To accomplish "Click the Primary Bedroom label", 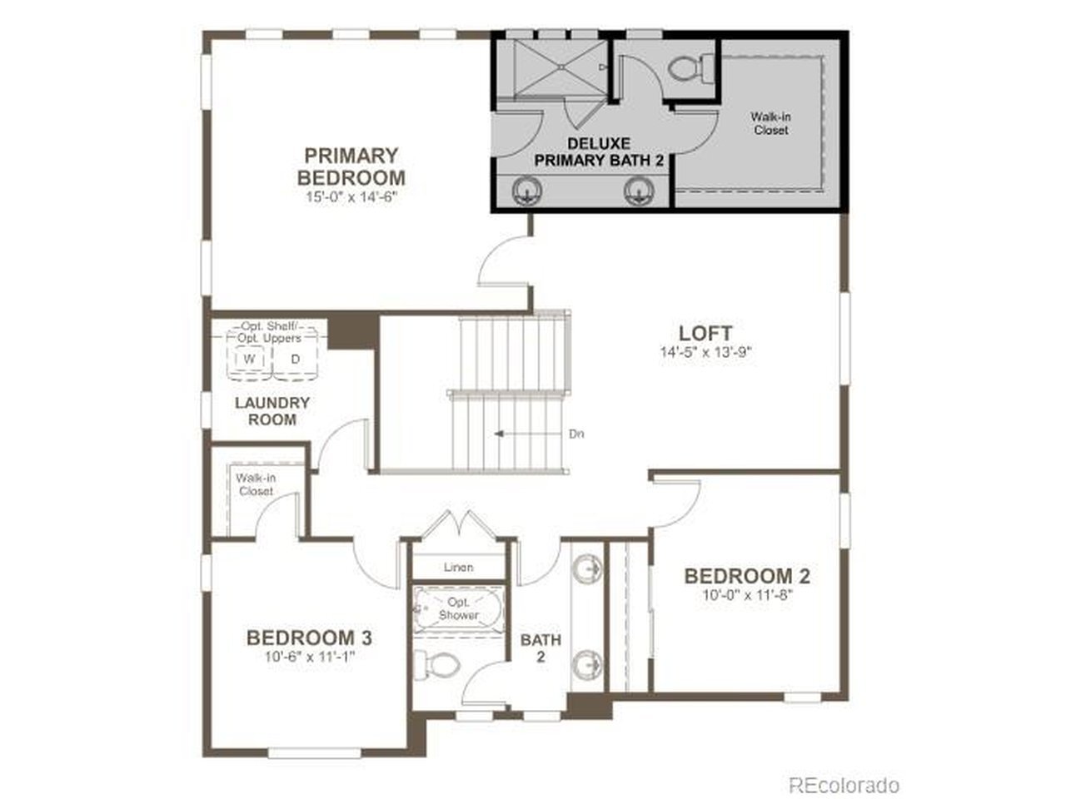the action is click(x=351, y=166).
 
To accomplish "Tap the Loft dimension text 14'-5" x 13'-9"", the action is click(x=705, y=352).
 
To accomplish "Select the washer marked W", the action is click(x=250, y=359).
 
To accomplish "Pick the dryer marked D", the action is click(x=296, y=359).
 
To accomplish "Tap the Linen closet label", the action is click(x=458, y=567).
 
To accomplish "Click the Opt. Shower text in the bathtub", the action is click(x=458, y=608).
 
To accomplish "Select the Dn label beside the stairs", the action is click(x=576, y=434).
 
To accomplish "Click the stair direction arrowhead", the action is click(x=498, y=434).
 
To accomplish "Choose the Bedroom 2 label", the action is click(x=747, y=576).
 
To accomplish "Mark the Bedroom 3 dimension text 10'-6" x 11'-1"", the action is click(x=310, y=657).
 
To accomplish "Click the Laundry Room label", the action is click(x=272, y=411).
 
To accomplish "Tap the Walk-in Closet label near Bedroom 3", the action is click(x=256, y=484).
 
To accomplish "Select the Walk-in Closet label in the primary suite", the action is click(x=770, y=123).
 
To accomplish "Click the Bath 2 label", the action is click(x=540, y=648).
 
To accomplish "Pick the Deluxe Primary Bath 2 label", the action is click(x=599, y=151).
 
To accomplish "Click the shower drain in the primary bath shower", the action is click(x=560, y=67).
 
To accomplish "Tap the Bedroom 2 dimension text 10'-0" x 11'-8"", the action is click(x=748, y=595).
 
